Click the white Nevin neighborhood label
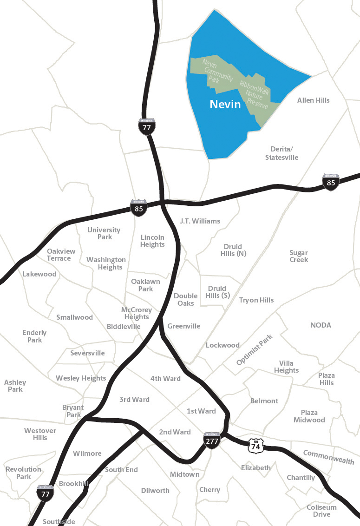pyautogui.click(x=225, y=104)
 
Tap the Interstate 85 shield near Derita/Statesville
pyautogui.click(x=331, y=182)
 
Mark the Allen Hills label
pyautogui.click(x=313, y=100)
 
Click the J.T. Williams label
pyautogui.click(x=200, y=221)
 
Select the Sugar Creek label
pyautogui.click(x=299, y=256)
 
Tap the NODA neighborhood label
pyautogui.click(x=321, y=325)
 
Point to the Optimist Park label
pyautogui.click(x=255, y=350)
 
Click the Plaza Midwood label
pyautogui.click(x=309, y=416)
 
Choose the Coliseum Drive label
pyautogui.click(x=321, y=511)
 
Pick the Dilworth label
pyautogui.click(x=155, y=491)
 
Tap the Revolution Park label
pyautogui.click(x=23, y=473)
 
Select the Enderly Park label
pyautogui.click(x=34, y=336)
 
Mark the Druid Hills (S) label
pyautogui.click(x=217, y=292)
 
